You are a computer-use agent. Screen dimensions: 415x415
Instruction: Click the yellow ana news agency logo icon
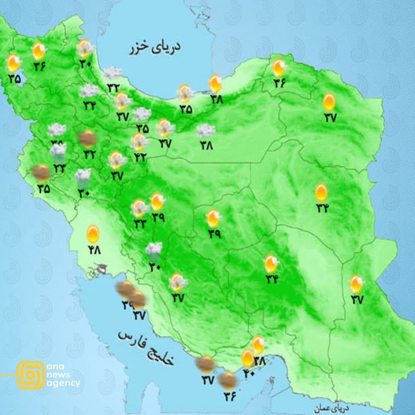click(30, 374)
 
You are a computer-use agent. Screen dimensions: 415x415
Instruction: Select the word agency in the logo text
click(64, 383)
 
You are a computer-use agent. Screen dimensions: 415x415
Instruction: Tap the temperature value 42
click(140, 157)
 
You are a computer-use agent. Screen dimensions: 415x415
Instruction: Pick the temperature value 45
click(43, 188)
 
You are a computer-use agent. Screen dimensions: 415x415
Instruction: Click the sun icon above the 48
click(93, 233)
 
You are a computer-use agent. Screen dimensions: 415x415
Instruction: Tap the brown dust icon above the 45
click(41, 173)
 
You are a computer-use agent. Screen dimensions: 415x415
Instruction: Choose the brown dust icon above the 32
click(88, 138)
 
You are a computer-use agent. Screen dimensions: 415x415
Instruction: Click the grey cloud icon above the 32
click(113, 73)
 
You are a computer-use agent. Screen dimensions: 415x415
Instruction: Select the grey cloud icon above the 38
click(206, 131)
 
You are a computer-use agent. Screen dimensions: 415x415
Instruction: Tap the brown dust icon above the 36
click(228, 381)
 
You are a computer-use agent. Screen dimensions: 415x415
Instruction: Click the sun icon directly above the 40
click(248, 358)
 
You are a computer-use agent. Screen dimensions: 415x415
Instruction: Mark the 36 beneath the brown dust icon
click(229, 396)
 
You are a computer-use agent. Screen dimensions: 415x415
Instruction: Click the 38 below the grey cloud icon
click(206, 146)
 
